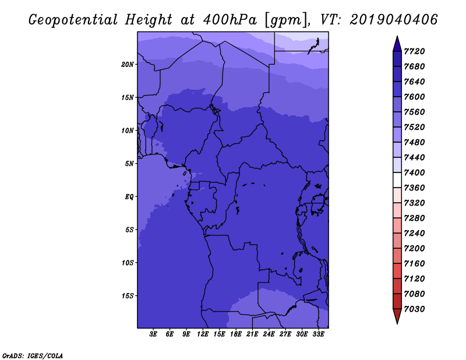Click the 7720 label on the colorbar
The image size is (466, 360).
[x=414, y=51]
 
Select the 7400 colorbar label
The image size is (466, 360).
[x=414, y=172]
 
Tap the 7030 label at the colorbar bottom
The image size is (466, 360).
[x=414, y=309]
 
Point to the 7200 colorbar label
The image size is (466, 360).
[x=414, y=249]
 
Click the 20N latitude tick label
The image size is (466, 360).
[x=128, y=65]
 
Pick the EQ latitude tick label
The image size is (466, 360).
[x=129, y=197]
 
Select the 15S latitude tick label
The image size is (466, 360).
[x=128, y=296]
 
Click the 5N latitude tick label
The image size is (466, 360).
[x=129, y=164]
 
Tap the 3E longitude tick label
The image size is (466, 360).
[x=153, y=334]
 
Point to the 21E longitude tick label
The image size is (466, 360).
[x=252, y=334]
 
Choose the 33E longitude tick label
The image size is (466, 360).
[x=318, y=334]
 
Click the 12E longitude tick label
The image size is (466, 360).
[x=203, y=334]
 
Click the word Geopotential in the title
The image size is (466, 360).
[x=73, y=20]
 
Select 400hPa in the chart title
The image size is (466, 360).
[x=230, y=20]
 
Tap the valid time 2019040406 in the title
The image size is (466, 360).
[x=394, y=20]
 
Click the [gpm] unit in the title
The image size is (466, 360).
[x=286, y=20]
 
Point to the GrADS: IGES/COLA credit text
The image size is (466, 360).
[x=33, y=356]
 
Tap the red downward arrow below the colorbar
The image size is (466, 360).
[x=397, y=316]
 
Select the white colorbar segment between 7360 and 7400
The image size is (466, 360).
[x=397, y=180]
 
